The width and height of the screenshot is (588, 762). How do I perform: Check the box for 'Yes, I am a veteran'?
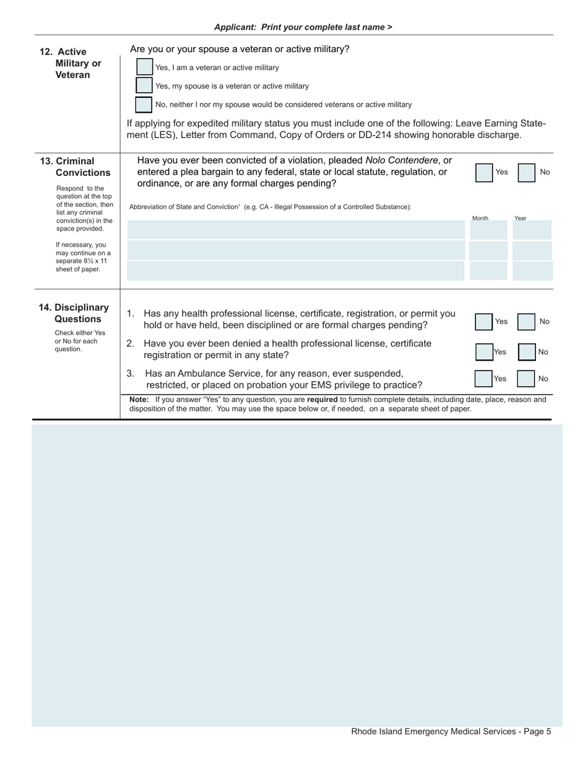pos(144,67)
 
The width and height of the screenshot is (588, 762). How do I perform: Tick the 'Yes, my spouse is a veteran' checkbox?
pos(144,85)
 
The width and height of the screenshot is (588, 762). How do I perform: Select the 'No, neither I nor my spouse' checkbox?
pos(144,105)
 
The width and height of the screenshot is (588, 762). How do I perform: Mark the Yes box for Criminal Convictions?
pos(484,172)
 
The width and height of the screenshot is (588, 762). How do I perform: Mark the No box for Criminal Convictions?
pos(526,172)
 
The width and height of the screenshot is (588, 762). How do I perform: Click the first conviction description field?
pos(295,230)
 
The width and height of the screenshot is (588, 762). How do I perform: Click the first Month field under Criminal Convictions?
pos(488,230)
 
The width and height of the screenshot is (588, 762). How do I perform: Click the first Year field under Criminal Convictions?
pos(532,230)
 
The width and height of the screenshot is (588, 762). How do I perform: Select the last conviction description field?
pos(295,271)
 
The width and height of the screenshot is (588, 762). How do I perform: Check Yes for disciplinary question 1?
pos(484,322)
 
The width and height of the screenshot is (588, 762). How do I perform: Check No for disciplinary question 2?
pos(526,352)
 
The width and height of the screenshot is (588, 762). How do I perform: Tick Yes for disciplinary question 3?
pos(483,379)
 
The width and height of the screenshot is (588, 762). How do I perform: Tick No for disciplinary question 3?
pos(525,379)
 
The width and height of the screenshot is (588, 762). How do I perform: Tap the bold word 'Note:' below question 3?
pos(139,400)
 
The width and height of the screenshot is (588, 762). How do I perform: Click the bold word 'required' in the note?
pos(322,400)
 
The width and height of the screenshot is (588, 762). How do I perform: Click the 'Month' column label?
pos(480,218)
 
